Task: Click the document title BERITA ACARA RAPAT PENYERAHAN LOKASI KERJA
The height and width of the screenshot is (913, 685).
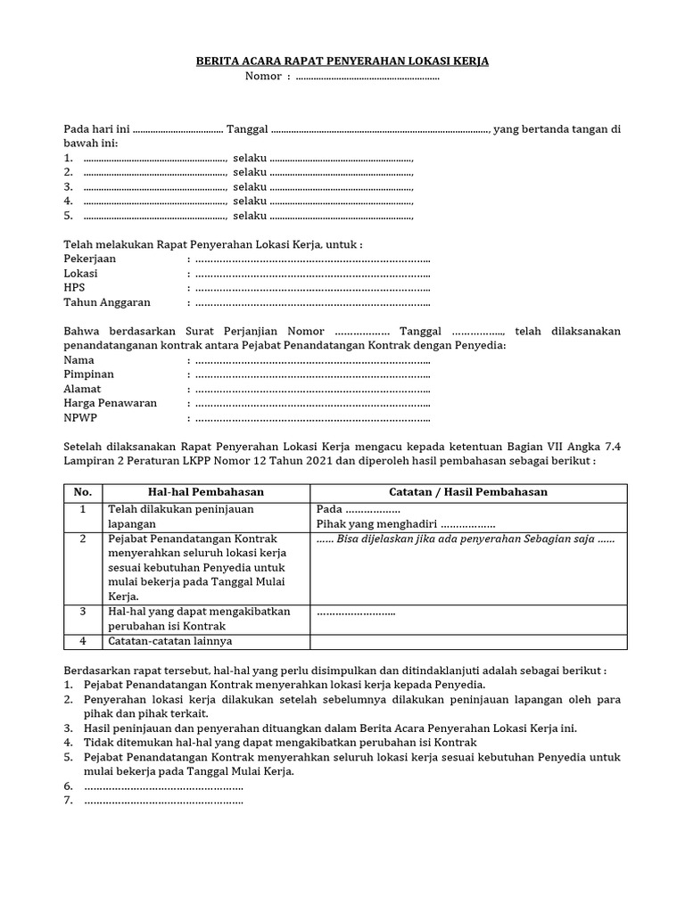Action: [342, 62]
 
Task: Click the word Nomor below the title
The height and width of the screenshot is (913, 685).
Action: [264, 77]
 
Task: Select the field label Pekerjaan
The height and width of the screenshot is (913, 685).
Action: [90, 259]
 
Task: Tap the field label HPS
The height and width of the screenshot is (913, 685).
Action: [74, 287]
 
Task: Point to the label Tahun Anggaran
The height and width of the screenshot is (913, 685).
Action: [107, 302]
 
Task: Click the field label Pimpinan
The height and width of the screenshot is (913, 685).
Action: [89, 374]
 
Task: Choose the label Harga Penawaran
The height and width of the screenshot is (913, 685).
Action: [110, 403]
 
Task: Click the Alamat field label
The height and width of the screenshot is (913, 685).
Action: [82, 389]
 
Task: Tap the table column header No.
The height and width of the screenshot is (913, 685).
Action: [83, 492]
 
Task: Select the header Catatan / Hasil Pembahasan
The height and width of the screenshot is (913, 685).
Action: [468, 492]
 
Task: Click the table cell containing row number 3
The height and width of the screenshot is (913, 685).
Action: [83, 612]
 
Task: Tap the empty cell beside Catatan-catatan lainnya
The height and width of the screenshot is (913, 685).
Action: [468, 641]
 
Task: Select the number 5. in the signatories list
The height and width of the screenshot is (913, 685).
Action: [69, 216]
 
